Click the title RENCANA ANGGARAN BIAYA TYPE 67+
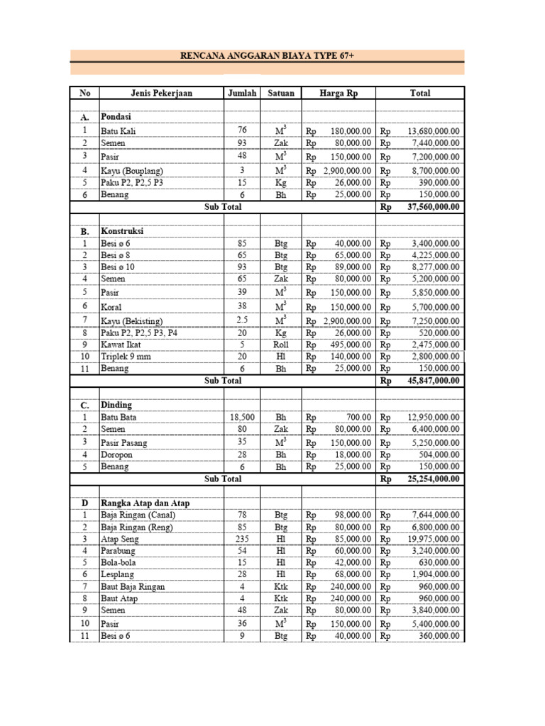pyautogui.click(x=267, y=55)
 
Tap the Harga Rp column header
pyautogui.click(x=338, y=93)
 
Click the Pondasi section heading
pyautogui.click(x=116, y=116)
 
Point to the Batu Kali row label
pyautogui.click(x=119, y=131)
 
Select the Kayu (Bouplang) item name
pyautogui.click(x=132, y=171)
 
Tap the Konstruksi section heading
pyautogui.click(x=123, y=231)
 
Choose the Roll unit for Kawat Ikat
pyautogui.click(x=281, y=345)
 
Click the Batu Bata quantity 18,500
pyautogui.click(x=242, y=418)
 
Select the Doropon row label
pyautogui.click(x=117, y=454)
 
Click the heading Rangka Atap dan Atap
pyautogui.click(x=145, y=503)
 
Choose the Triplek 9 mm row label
pyautogui.click(x=126, y=357)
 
